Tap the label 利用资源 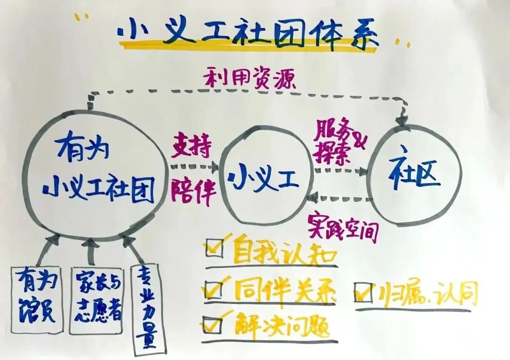click(250, 79)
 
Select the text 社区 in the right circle click(414, 174)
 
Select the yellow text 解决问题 click(281, 325)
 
